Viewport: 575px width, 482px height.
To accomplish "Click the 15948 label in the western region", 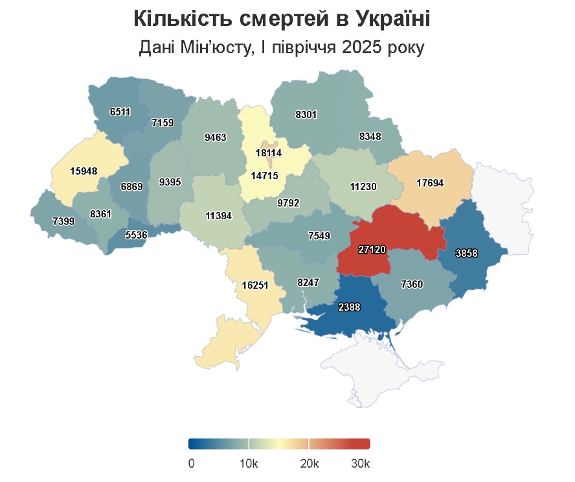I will click(84, 171).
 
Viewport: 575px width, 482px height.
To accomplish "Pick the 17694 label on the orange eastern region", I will click(430, 184).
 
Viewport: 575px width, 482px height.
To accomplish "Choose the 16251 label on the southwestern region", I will click(254, 284).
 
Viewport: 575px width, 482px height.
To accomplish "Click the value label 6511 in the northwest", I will click(120, 112).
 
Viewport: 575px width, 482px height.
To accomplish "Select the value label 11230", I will click(363, 186).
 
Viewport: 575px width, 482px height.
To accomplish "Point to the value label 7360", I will click(412, 283).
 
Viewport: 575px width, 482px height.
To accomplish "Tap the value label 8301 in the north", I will click(306, 115).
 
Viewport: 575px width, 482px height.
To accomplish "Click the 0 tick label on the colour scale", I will click(191, 464).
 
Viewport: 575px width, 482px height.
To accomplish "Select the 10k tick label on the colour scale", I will click(249, 464).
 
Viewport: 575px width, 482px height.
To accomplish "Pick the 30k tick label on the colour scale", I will click(359, 464).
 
